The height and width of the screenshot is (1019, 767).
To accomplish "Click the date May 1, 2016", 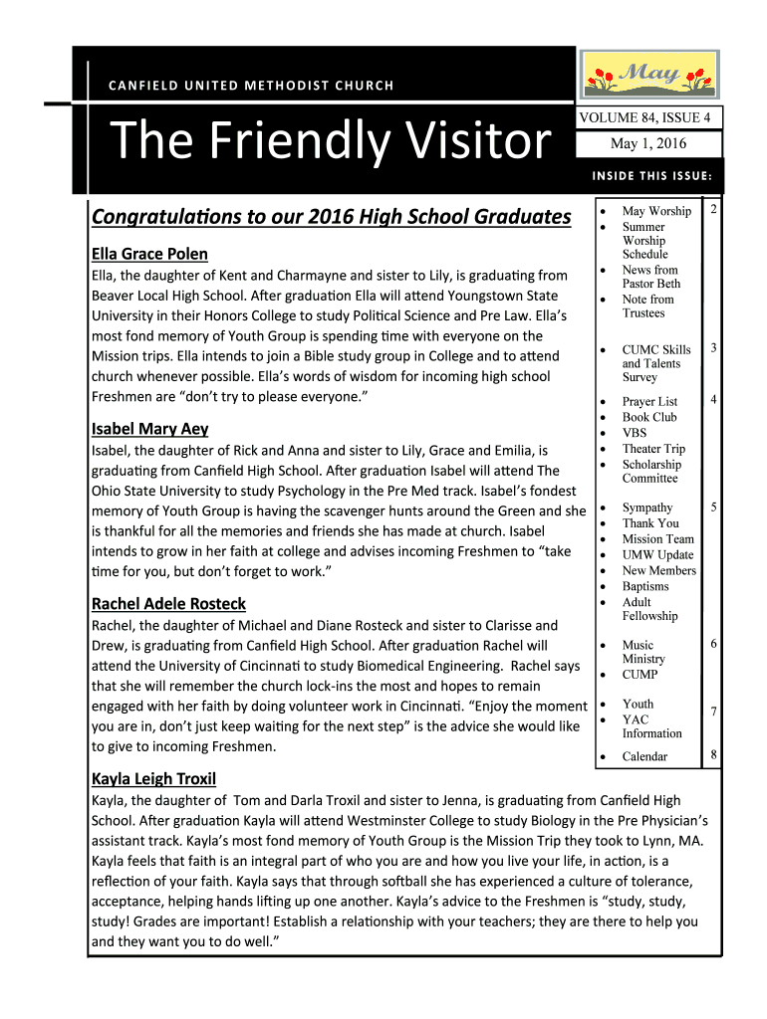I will [x=648, y=144].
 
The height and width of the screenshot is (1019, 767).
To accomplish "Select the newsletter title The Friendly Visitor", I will [x=331, y=141].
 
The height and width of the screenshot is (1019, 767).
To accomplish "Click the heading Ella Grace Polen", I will [x=149, y=254].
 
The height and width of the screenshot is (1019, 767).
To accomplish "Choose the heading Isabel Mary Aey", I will [x=149, y=429].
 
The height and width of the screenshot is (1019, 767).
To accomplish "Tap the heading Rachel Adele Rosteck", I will [x=168, y=604].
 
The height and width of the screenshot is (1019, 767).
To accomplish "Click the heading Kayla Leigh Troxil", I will [x=153, y=779].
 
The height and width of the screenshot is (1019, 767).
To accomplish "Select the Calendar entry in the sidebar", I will [x=644, y=756].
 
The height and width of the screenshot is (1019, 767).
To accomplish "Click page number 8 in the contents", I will [x=713, y=755].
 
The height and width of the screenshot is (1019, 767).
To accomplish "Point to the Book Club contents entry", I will [x=648, y=417].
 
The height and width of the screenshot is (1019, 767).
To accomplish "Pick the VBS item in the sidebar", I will [x=635, y=433].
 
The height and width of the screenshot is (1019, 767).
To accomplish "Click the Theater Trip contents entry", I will [x=653, y=449].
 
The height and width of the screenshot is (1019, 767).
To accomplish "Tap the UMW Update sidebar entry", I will [x=657, y=554].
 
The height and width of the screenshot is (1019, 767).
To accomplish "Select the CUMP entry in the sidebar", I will [x=639, y=674].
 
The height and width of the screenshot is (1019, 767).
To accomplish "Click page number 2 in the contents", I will [x=713, y=211].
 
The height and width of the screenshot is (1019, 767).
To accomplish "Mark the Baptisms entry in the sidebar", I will [x=645, y=586].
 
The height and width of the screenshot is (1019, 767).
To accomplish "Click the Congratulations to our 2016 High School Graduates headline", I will [x=331, y=216].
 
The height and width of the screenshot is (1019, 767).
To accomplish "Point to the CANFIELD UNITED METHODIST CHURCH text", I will [x=251, y=86].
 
